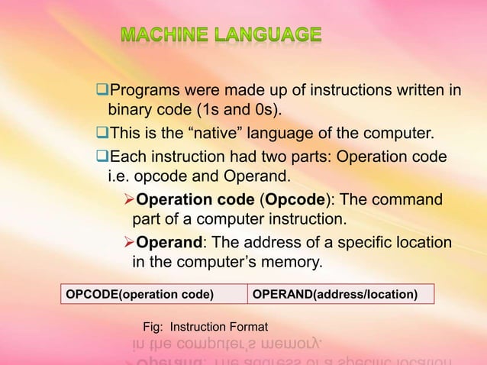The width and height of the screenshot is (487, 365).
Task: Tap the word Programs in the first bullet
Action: pyautogui.click(x=144, y=93)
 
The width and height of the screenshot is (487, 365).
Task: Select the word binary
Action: pyautogui.click(x=131, y=115)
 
